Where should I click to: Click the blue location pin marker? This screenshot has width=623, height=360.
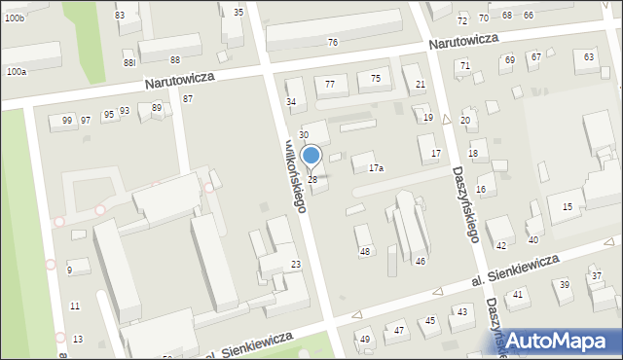point(311,156)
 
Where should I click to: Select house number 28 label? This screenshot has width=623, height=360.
point(312,180)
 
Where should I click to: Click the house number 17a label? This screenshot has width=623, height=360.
point(375,168)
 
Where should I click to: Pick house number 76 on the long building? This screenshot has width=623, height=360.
point(332,42)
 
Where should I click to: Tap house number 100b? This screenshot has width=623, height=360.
point(14,18)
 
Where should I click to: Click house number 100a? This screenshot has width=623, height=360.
point(16,72)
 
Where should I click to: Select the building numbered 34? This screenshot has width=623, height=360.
point(290,101)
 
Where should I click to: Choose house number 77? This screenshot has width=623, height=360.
point(330,85)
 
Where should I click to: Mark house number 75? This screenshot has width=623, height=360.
point(376,78)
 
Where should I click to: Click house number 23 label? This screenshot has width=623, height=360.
point(295,265)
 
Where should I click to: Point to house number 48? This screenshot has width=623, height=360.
point(365,252)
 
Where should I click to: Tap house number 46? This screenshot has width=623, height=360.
point(421,261)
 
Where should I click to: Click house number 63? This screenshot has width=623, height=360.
point(588,57)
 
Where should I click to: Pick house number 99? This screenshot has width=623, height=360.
point(66,120)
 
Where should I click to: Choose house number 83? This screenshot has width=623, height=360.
point(120,16)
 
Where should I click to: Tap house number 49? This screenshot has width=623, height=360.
point(365,339)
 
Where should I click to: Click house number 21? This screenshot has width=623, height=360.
point(421,85)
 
